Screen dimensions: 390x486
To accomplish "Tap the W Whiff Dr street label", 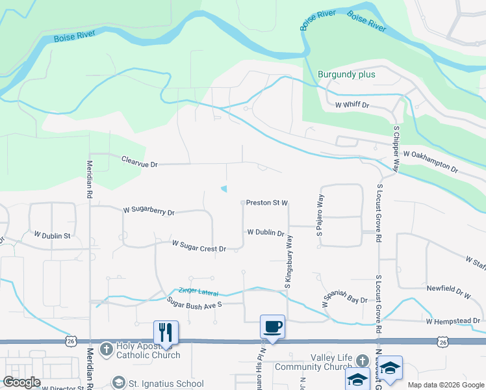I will coord(352,105).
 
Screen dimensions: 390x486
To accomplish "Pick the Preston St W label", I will coord(266,203).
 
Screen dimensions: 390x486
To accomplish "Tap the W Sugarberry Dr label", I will coord(149,211).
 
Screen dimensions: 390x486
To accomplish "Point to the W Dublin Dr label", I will coord(265,233).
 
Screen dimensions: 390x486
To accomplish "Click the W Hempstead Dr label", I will coord(453,321).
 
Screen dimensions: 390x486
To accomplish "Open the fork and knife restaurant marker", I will coord(165,332).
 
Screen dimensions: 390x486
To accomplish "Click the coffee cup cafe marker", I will coord(272,326).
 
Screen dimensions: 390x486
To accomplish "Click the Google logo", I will coord(21,382).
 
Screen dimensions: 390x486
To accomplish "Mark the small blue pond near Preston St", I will coord(225,189).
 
